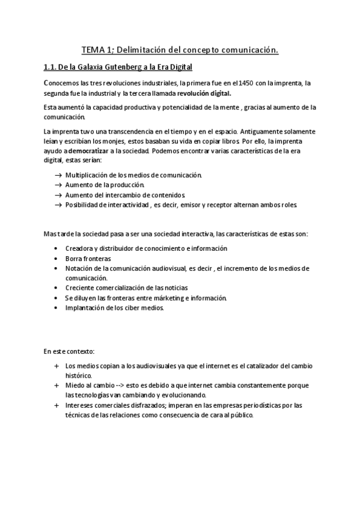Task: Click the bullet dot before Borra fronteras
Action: click(x=55, y=257)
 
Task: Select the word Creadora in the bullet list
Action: click(x=81, y=248)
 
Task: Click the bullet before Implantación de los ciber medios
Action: click(x=55, y=308)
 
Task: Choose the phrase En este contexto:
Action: click(x=69, y=350)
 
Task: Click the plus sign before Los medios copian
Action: click(x=56, y=366)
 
